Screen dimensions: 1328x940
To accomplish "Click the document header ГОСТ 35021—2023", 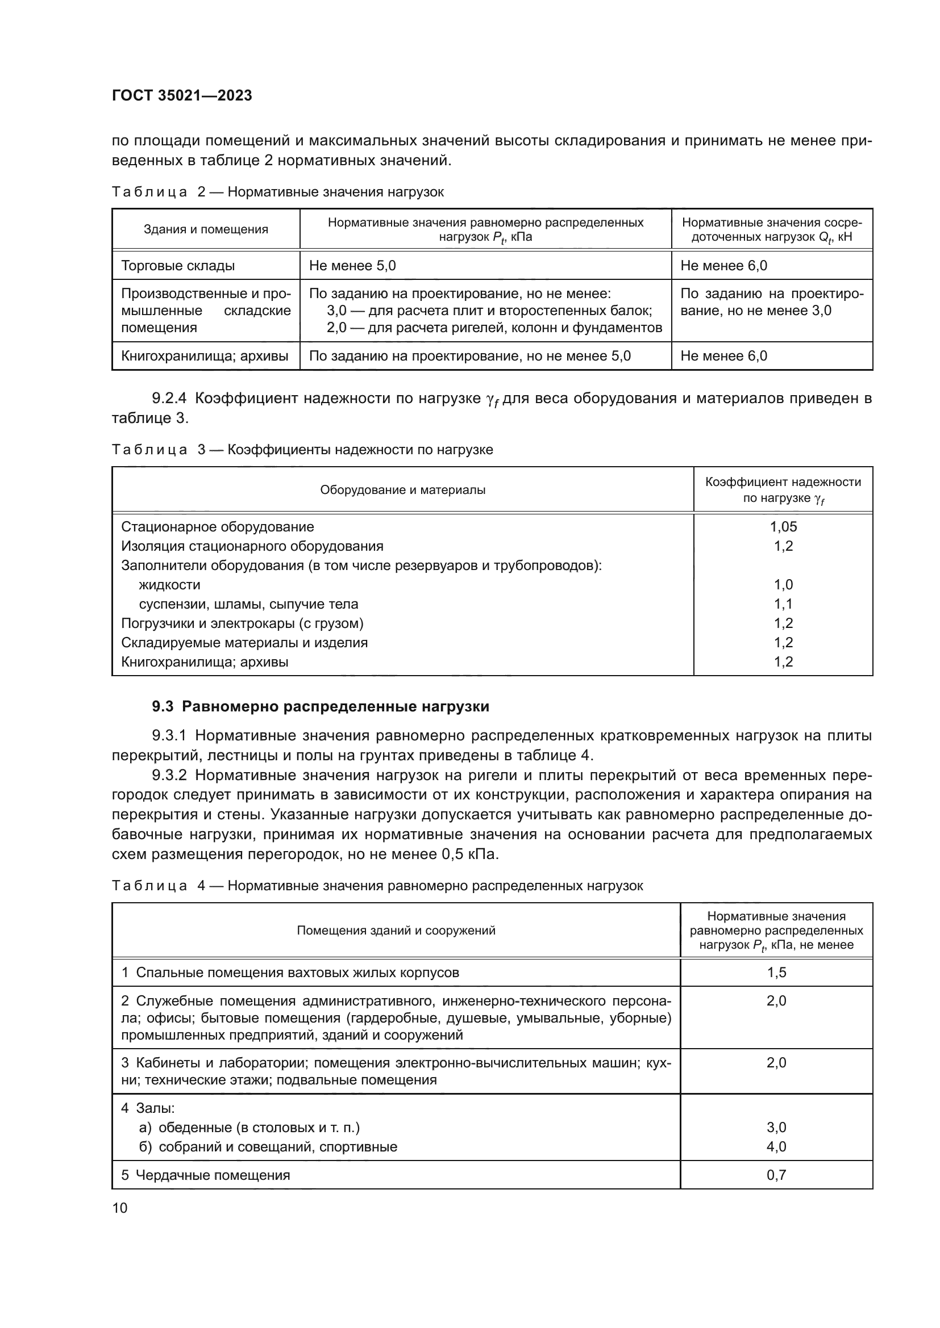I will click(x=182, y=96).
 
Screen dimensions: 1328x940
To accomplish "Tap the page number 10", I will click(x=120, y=1208).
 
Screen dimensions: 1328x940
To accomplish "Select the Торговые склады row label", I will click(x=178, y=266).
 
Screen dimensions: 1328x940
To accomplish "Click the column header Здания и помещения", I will click(x=206, y=229).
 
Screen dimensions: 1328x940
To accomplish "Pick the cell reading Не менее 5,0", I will click(x=352, y=266).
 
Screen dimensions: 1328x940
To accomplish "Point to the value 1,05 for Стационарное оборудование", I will click(x=783, y=527).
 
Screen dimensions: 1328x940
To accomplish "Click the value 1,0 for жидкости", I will click(x=783, y=585).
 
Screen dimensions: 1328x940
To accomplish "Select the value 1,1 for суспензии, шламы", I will click(x=783, y=605).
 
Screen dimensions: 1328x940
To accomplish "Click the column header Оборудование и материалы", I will click(x=402, y=491).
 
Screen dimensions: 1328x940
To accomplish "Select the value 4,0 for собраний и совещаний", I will click(x=776, y=1147).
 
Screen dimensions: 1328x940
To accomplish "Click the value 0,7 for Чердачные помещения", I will click(x=776, y=1175).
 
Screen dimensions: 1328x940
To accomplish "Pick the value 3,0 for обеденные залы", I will click(x=776, y=1128).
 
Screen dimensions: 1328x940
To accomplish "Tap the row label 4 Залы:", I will click(x=148, y=1108).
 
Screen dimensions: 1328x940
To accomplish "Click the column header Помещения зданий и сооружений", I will click(x=396, y=931).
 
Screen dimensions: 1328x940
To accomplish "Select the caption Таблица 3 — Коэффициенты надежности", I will click(x=302, y=450).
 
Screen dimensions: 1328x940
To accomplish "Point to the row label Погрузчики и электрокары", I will click(x=242, y=623).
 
